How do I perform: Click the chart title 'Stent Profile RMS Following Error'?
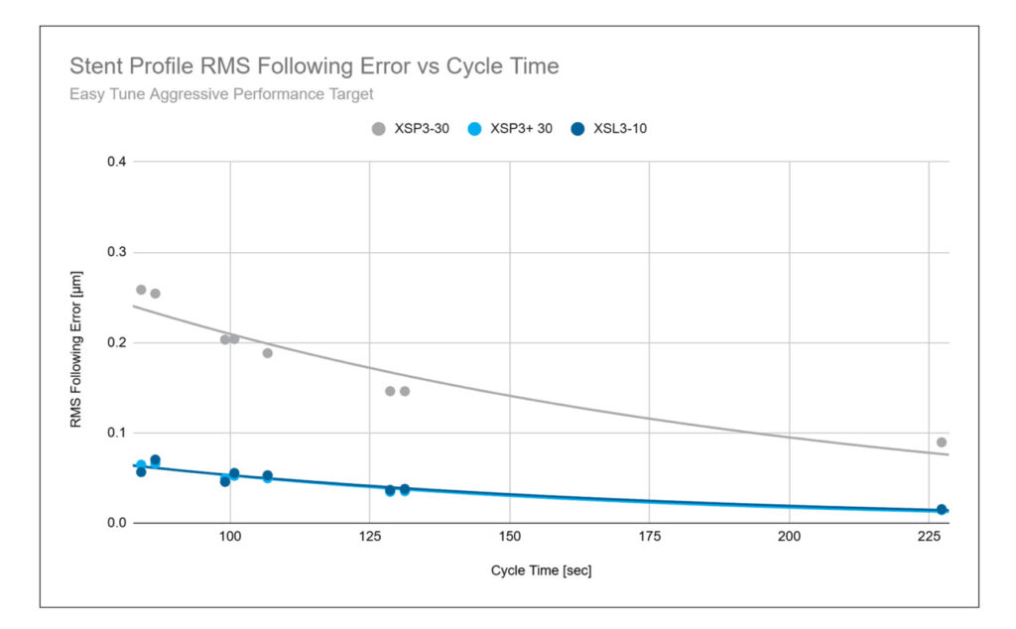[x=314, y=67]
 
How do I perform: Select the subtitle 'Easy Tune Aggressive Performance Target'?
[x=221, y=95]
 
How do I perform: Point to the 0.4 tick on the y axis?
[x=115, y=162]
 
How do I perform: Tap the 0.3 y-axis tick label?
[x=115, y=252]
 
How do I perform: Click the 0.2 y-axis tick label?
[x=115, y=342]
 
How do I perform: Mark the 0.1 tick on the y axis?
[x=115, y=433]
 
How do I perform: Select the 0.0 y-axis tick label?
[x=115, y=523]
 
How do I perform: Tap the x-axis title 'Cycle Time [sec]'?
[x=541, y=571]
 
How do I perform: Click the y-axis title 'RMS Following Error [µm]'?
[x=75, y=342]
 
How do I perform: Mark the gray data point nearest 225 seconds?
[x=942, y=442]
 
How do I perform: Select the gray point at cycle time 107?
[x=267, y=353]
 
